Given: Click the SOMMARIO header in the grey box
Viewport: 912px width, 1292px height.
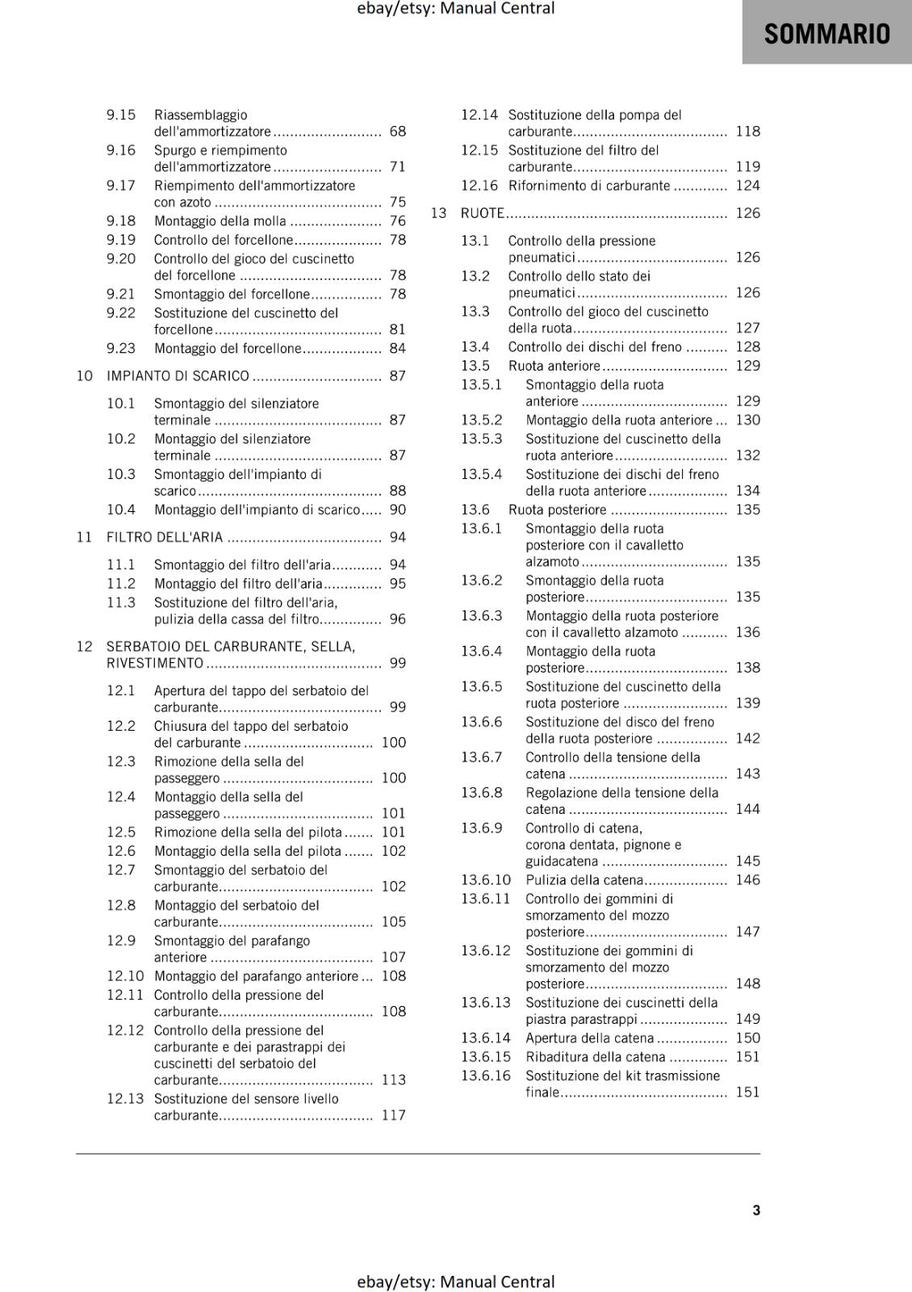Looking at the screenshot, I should pyautogui.click(x=826, y=34).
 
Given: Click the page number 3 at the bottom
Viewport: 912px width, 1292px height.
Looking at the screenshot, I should pyautogui.click(x=756, y=1210).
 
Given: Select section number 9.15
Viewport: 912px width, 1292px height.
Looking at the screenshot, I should pyautogui.click(x=121, y=115).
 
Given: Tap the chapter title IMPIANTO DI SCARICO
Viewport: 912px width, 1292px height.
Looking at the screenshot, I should pyautogui.click(x=178, y=376).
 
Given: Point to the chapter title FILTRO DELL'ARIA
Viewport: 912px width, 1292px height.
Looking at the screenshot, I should pyautogui.click(x=165, y=538).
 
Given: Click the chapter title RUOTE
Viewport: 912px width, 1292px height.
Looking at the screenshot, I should pyautogui.click(x=482, y=213).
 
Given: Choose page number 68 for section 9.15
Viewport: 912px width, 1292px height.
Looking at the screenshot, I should pyautogui.click(x=397, y=132).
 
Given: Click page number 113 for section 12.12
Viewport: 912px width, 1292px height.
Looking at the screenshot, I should pyautogui.click(x=393, y=1080).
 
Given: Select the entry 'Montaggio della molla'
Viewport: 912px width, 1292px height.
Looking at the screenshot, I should pyautogui.click(x=220, y=221).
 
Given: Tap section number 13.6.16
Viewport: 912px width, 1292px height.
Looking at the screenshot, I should pyautogui.click(x=486, y=1076).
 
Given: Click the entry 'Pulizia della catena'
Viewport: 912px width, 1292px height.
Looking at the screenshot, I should pyautogui.click(x=584, y=880).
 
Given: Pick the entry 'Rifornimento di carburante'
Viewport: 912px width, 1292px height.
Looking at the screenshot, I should pyautogui.click(x=589, y=186).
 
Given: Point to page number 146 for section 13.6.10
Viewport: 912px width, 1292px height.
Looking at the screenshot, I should pyautogui.click(x=747, y=880).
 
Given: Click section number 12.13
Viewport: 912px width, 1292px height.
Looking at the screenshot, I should pyautogui.click(x=125, y=1099).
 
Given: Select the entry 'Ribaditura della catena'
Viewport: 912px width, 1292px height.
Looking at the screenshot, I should pyautogui.click(x=595, y=1057).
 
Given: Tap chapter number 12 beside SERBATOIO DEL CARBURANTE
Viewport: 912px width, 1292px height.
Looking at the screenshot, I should pyautogui.click(x=85, y=647).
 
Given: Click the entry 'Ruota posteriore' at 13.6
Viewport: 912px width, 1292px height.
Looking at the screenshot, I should pyautogui.click(x=557, y=510).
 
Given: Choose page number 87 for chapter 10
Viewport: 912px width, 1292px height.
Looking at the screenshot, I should pyautogui.click(x=397, y=376).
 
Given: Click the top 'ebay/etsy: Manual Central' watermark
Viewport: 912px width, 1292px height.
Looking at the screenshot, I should pyautogui.click(x=456, y=9).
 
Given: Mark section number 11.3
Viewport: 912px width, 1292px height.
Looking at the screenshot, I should pyautogui.click(x=121, y=603).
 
